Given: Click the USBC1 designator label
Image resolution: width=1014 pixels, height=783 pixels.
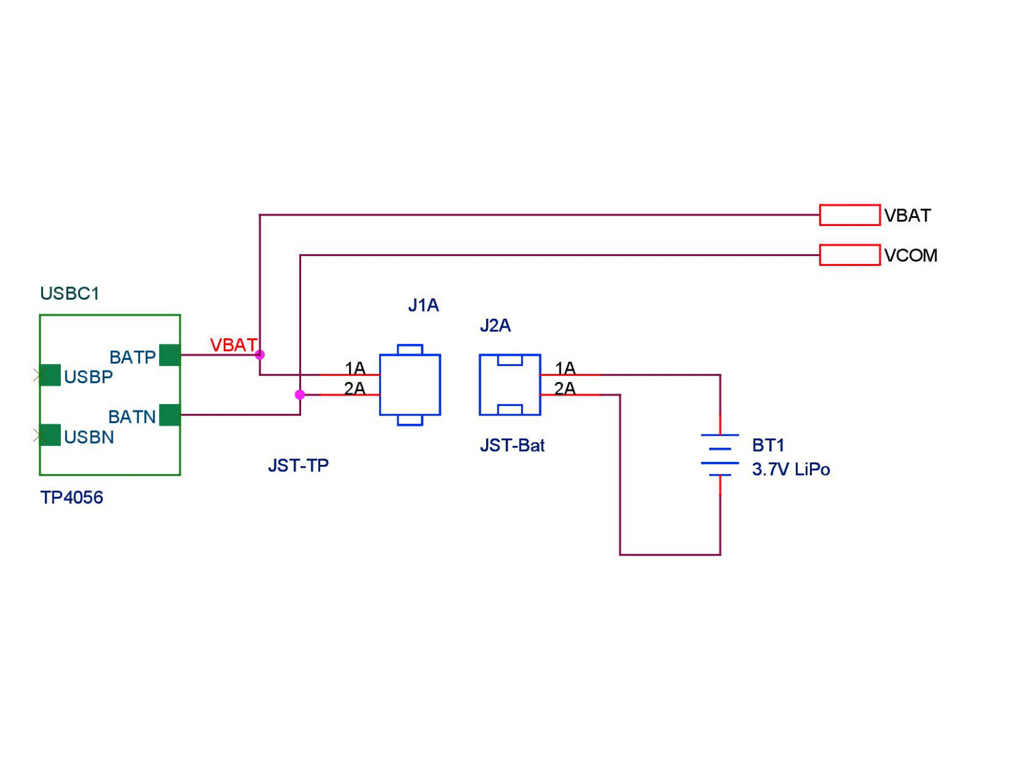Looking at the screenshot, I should pos(70,293).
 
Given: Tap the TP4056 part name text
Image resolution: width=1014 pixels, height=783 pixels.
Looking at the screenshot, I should pos(72,497).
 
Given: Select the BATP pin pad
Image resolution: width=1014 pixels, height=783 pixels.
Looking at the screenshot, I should pos(170,355).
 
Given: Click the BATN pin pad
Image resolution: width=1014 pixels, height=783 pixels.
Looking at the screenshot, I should pos(170,415).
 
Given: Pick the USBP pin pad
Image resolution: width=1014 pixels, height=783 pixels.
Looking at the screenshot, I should pos(50,375).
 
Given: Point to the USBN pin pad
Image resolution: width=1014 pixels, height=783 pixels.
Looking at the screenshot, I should pos(50,435).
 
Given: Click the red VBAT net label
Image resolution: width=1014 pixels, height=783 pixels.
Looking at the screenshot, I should pos(233,345).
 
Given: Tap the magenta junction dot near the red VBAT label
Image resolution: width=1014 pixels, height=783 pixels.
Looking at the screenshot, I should pos(260,355).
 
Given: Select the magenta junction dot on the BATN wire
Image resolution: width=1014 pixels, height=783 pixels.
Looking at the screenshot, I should pos(300,395).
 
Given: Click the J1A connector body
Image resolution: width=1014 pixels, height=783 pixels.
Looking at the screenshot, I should pos(410,385).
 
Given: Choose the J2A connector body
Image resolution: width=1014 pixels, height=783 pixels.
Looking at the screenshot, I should pos(510,385).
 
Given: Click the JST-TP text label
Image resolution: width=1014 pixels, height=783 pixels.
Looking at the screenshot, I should pos(298,466).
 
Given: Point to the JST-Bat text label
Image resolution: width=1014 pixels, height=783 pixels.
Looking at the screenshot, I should pos(512,445).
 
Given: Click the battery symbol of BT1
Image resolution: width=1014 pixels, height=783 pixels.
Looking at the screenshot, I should pos(720,455).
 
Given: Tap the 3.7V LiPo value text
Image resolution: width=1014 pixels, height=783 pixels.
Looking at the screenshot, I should pos(791,469).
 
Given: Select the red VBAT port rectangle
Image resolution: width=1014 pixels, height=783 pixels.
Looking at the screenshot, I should pos(850,215).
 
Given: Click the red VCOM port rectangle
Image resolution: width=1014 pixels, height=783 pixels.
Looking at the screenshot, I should pos(850,255).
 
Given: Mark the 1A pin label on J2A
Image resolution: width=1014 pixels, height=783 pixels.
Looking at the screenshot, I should pos(565,368).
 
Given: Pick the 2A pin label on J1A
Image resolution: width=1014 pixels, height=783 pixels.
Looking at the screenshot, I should pos(355,388).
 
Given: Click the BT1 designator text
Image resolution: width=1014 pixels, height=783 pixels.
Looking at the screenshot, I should pos(768,445).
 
